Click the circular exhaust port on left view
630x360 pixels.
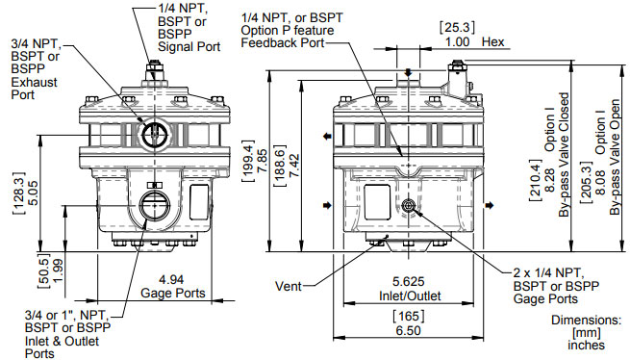(154, 134)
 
